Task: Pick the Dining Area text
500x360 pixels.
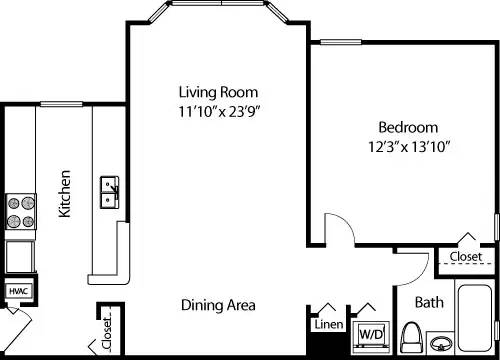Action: pos(218,304)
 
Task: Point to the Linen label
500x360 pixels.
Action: pos(328,325)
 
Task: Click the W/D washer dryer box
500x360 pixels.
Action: pos(370,331)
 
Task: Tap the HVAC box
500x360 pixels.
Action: pos(17,291)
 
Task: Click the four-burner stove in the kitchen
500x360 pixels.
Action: pos(20,211)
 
